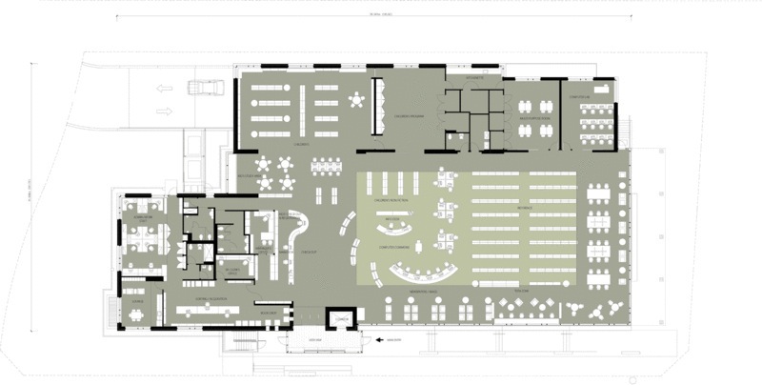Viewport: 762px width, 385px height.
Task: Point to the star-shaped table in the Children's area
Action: click(x=357, y=98)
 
